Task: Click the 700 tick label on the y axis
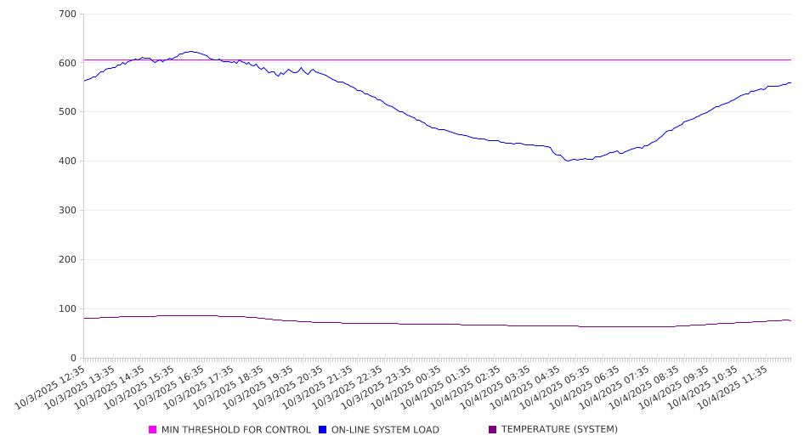(x=68, y=14)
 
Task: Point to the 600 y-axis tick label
(x=68, y=63)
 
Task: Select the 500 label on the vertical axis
(x=68, y=112)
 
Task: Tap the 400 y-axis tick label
(x=68, y=161)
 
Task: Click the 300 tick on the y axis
(x=68, y=211)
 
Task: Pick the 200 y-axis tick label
(x=68, y=260)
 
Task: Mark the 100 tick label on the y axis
(x=68, y=309)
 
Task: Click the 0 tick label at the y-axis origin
(x=74, y=359)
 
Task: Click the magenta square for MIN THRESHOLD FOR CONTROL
(x=153, y=430)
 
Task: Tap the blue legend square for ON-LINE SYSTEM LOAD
(x=323, y=430)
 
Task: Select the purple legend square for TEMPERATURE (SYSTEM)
(x=493, y=430)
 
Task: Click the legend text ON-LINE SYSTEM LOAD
(x=385, y=430)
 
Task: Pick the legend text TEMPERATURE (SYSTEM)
(x=559, y=430)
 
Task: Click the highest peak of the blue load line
(x=191, y=51)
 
